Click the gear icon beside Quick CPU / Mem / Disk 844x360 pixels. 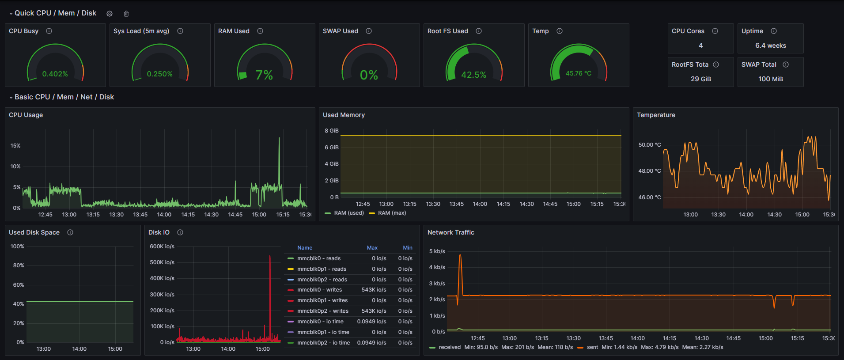pos(110,14)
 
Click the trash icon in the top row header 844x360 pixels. pos(126,14)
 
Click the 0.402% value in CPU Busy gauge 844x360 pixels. pos(55,74)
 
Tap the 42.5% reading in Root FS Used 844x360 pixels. pos(473,75)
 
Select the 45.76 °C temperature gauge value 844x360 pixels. pos(578,73)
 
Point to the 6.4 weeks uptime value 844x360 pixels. pos(770,45)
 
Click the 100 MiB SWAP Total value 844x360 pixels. pos(770,79)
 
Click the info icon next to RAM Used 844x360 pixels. pos(260,31)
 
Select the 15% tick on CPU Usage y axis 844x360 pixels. pos(15,146)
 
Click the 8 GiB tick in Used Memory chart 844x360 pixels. pos(331,131)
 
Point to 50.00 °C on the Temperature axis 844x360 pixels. pos(649,145)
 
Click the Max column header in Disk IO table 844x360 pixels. pos(372,248)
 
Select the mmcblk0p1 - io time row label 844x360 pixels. pos(323,332)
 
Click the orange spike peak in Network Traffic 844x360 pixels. pos(460,256)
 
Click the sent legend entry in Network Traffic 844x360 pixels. pos(592,347)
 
